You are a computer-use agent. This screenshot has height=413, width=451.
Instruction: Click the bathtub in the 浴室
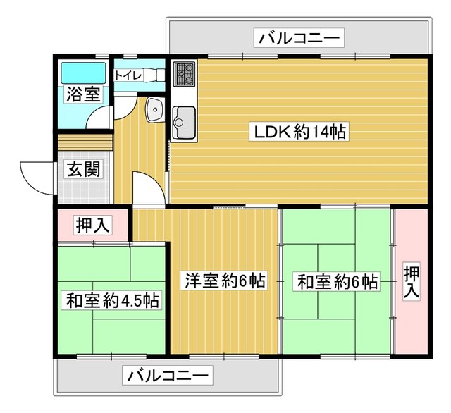(83, 73)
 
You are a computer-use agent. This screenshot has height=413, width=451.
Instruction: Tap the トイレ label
(128, 75)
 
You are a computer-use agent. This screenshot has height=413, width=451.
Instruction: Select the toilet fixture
(154, 75)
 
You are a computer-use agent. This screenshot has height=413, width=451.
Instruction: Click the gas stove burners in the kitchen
(185, 73)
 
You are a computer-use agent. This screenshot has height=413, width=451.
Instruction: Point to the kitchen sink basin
(185, 122)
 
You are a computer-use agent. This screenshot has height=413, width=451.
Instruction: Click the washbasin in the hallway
(155, 109)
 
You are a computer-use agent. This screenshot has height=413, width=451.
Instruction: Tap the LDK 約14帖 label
(299, 131)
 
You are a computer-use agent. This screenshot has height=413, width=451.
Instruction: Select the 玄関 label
(83, 169)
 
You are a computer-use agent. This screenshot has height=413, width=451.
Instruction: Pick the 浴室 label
(83, 94)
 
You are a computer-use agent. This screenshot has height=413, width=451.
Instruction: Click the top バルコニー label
(299, 37)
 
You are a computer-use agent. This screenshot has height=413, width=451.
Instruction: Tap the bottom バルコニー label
(168, 376)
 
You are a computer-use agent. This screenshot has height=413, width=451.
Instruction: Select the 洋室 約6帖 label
(225, 280)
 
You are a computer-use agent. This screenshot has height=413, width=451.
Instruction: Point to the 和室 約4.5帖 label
(113, 300)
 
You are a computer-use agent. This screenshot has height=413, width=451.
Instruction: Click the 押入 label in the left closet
(92, 225)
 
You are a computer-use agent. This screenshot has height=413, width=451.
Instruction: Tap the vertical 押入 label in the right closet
(412, 282)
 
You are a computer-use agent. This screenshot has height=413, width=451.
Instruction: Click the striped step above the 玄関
(85, 142)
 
